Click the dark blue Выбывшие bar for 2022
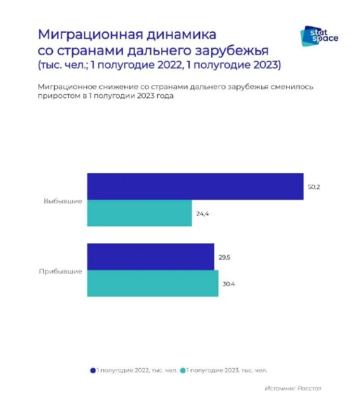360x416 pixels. coord(195,186)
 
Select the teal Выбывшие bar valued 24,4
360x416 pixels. coord(139,213)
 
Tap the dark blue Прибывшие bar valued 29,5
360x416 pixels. coord(150,257)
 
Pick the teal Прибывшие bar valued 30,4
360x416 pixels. coord(152,283)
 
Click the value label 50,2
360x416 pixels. coord(314,187)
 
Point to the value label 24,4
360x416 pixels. coord(203,214)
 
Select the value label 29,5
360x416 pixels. coord(225,257)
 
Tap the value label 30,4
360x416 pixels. coord(229,284)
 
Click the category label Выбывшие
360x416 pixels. coord(63,201)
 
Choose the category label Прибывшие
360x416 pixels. coord(60,271)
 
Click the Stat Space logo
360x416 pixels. coord(319,35)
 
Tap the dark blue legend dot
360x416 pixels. coord(93,370)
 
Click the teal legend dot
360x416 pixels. coord(183,370)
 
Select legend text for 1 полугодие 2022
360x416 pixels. coord(137,370)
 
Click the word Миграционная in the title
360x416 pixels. coord(90,35)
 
